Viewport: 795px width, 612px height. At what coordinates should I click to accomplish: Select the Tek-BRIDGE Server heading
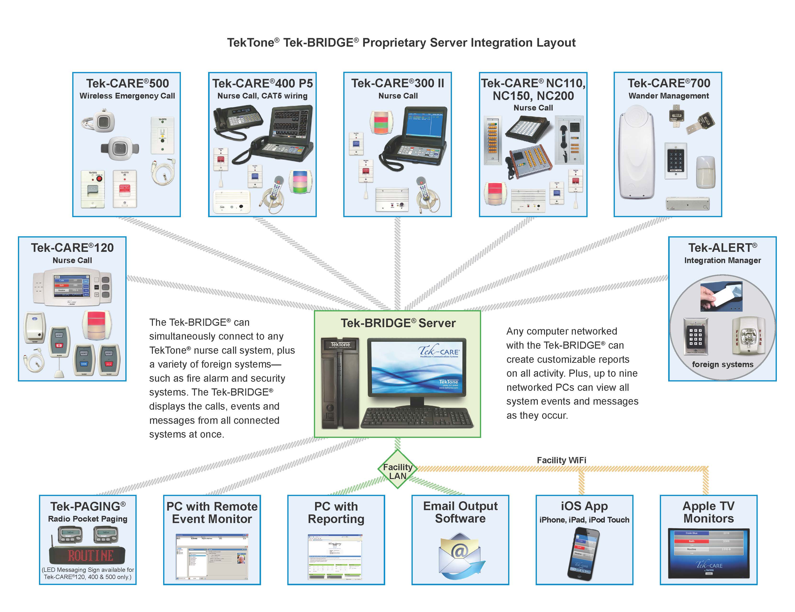[398, 323]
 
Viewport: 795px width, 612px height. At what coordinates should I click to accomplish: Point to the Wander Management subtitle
[668, 96]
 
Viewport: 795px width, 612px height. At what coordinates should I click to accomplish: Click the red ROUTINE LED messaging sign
[87, 556]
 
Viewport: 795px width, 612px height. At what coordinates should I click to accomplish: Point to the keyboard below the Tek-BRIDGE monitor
[417, 418]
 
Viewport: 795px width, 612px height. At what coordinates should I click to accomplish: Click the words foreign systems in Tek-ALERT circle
[722, 364]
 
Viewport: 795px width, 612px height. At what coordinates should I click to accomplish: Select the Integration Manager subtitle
[722, 260]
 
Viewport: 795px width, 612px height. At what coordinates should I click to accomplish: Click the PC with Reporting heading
[336, 512]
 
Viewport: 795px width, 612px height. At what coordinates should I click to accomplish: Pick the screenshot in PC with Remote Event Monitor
[212, 557]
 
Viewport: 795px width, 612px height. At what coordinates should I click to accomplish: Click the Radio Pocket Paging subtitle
[88, 519]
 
